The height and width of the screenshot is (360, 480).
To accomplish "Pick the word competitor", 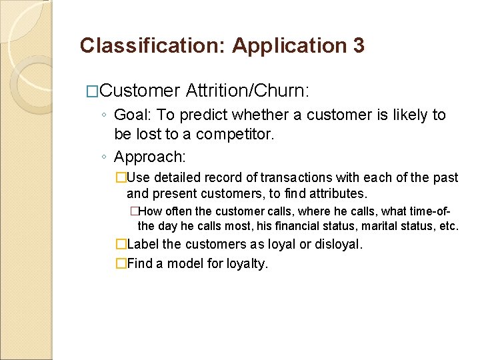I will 233,134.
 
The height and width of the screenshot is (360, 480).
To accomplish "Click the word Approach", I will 148,157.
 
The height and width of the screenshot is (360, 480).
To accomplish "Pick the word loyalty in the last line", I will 247,263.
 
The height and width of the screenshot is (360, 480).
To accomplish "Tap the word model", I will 184,263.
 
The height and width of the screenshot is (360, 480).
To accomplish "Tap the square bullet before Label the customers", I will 121,244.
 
